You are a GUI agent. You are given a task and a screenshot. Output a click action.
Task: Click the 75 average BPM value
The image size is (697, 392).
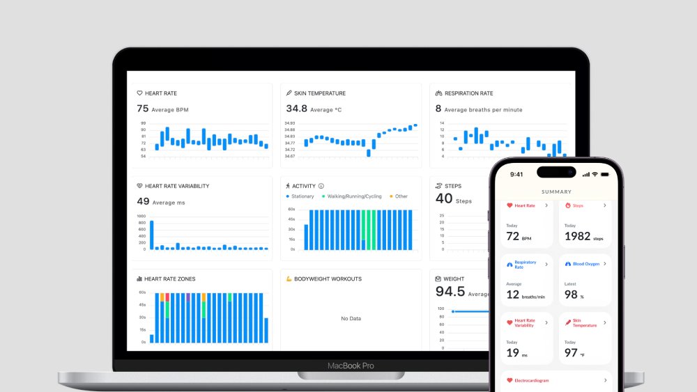click(x=143, y=109)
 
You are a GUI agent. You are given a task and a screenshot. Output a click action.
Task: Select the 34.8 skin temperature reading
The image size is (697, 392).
click(x=296, y=109)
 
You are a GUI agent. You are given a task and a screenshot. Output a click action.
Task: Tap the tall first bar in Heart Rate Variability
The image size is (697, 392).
click(x=151, y=235)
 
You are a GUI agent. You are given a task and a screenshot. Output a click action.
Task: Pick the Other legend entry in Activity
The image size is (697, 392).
click(x=399, y=196)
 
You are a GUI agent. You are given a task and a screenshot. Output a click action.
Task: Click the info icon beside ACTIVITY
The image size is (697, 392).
click(x=321, y=186)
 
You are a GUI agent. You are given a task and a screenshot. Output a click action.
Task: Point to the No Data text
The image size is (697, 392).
click(x=351, y=318)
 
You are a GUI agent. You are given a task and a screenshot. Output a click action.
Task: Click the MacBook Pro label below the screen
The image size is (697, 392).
click(x=351, y=366)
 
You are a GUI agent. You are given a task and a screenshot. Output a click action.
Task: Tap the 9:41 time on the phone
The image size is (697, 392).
click(x=516, y=175)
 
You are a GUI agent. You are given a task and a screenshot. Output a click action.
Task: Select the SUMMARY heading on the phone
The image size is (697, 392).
click(x=556, y=191)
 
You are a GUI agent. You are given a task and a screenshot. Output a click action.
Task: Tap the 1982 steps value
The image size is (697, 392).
click(x=577, y=237)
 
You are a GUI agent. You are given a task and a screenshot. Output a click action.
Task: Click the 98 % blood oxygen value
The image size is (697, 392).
click(x=572, y=295)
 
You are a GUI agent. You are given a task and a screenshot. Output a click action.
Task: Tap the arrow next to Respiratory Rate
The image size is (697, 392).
click(x=546, y=264)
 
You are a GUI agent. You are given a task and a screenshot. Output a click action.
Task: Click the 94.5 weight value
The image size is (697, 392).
click(x=450, y=291)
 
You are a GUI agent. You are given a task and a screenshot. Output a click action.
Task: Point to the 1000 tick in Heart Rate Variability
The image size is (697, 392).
click(x=141, y=216)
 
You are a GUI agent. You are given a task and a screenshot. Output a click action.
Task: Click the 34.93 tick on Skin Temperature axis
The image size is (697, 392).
click(x=289, y=123)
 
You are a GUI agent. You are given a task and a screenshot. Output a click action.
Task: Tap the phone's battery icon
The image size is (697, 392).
click(x=604, y=174)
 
